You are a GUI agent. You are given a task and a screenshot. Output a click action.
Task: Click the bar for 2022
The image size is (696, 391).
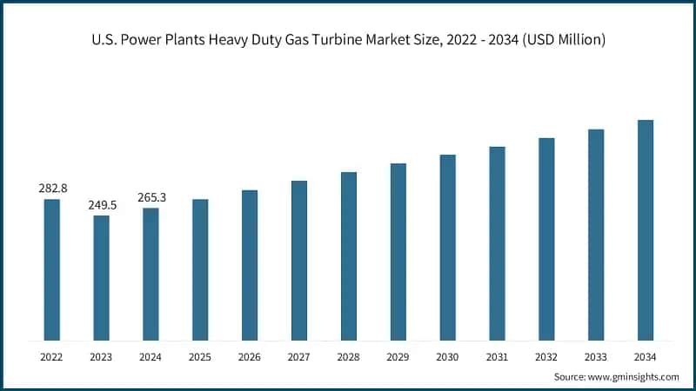pyautogui.click(x=52, y=269)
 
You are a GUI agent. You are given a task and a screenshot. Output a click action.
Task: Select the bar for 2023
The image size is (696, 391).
pyautogui.click(x=102, y=277)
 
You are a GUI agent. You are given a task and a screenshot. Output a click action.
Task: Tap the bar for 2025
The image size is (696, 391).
pyautogui.click(x=200, y=269)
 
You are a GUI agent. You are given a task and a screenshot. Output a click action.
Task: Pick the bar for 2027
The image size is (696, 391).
pyautogui.click(x=299, y=260)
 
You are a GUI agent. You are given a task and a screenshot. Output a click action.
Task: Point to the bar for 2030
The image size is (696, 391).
pyautogui.click(x=447, y=247)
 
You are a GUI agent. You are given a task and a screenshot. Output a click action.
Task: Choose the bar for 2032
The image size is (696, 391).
pyautogui.click(x=546, y=238)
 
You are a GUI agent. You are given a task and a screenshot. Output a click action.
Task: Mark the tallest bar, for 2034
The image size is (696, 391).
pyautogui.click(x=645, y=229)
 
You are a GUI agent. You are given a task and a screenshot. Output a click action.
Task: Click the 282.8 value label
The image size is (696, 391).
pyautogui.click(x=52, y=189)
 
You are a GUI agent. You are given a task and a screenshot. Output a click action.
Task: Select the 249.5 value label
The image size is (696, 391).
pyautogui.click(x=102, y=204)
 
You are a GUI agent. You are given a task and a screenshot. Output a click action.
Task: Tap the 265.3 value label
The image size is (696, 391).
pyautogui.click(x=151, y=197)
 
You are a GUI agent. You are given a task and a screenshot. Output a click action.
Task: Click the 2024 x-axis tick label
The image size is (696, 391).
pyautogui.click(x=151, y=357)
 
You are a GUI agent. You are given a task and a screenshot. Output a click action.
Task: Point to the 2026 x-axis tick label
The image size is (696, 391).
pyautogui.click(x=250, y=357)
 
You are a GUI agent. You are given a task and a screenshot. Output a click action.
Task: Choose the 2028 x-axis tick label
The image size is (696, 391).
pyautogui.click(x=349, y=357)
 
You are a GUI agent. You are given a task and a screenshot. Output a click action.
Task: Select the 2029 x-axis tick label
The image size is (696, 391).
pyautogui.click(x=398, y=357)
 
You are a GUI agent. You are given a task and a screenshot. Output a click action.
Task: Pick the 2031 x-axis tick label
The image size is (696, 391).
pyautogui.click(x=497, y=357)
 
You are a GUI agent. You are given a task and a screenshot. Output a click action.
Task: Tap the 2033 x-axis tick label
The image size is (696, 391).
pyautogui.click(x=596, y=357)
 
